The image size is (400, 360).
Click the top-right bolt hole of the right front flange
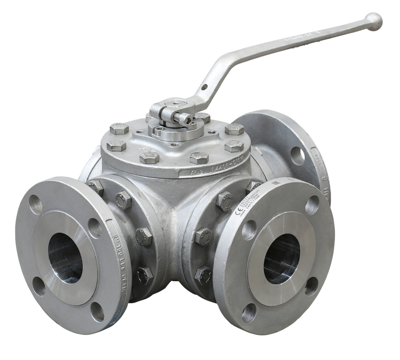[x=312, y=205]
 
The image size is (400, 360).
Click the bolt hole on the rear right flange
[x=297, y=156]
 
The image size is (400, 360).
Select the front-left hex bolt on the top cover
[x=150, y=158]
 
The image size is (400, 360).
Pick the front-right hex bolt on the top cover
[x=199, y=157]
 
